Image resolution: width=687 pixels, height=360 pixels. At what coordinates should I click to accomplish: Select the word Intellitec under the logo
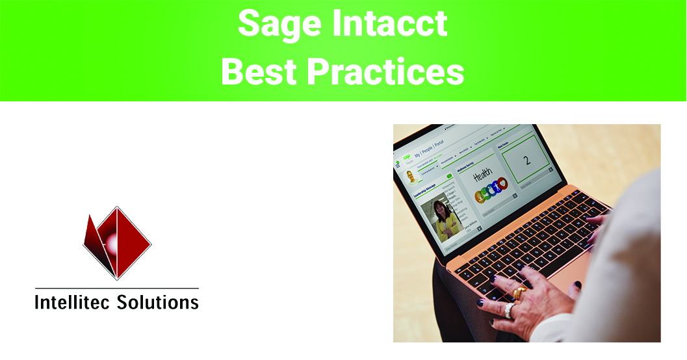[73, 302]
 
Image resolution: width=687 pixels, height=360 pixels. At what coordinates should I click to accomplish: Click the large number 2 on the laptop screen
[527, 160]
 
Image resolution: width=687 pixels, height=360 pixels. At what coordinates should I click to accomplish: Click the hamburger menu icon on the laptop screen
[398, 166]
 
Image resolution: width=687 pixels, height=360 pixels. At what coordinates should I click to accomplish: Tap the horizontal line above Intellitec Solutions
[117, 288]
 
